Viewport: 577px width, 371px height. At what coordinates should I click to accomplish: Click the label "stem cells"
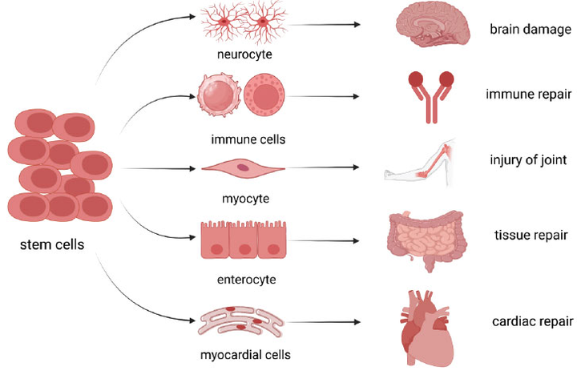[51, 244]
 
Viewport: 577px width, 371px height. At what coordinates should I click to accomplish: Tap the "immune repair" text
[529, 95]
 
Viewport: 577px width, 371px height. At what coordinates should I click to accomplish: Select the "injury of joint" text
[529, 160]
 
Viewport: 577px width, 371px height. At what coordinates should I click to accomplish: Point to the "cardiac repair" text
[531, 323]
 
